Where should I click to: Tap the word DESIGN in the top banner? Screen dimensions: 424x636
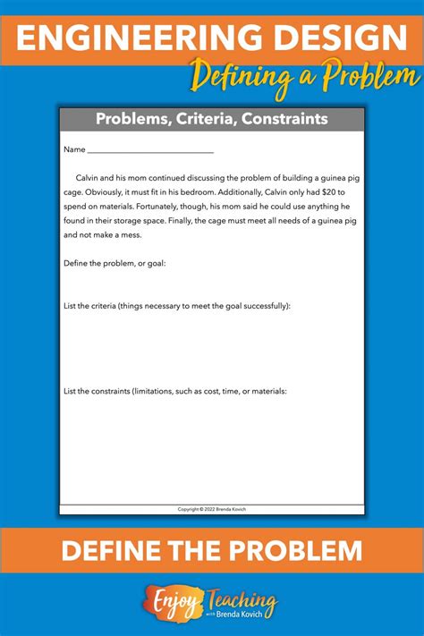click(332, 38)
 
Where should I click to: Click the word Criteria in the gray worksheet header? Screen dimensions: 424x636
click(223, 119)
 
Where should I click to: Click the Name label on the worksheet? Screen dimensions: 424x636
click(74, 148)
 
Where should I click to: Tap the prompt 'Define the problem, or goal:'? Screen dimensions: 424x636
click(114, 263)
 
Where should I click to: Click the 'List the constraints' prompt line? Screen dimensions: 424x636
click(175, 390)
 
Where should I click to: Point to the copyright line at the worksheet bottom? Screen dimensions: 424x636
click(212, 508)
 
